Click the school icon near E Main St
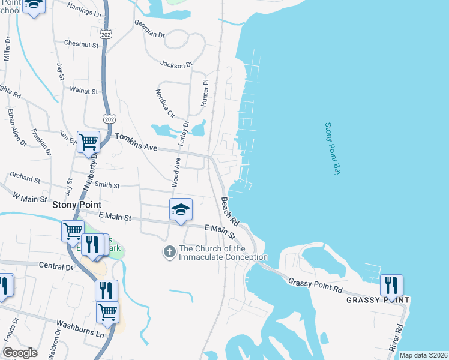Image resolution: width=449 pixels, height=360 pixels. (181, 209)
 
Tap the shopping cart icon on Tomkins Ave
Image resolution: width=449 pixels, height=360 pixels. (88, 142)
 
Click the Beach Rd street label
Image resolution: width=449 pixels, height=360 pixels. (229, 211)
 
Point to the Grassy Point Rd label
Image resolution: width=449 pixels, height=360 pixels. (315, 285)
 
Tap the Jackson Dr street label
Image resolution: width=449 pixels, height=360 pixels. (176, 64)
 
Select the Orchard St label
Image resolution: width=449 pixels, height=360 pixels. (25, 178)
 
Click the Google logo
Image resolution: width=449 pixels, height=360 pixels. (20, 352)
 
